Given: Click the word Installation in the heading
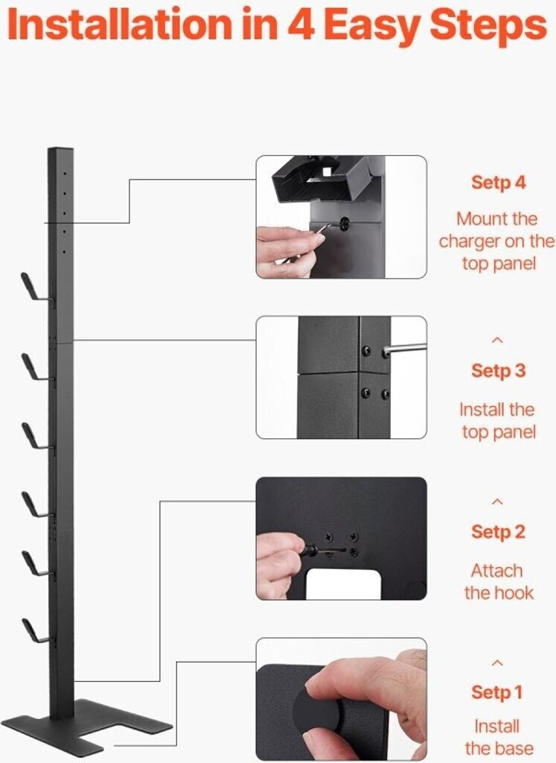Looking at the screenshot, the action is (x=120, y=25).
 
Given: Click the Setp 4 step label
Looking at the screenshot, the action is (x=498, y=183).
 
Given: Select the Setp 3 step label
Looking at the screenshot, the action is (x=498, y=371).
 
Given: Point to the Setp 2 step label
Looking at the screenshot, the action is (x=498, y=531).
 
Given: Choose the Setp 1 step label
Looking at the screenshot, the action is (x=496, y=692).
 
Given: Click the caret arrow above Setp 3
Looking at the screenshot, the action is (x=497, y=340).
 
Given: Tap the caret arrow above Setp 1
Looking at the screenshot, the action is (x=497, y=662).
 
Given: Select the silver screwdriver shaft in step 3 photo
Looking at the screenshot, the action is (x=405, y=349).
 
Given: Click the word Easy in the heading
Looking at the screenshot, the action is (x=373, y=25).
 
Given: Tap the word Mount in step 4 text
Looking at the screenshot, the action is (x=481, y=219).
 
